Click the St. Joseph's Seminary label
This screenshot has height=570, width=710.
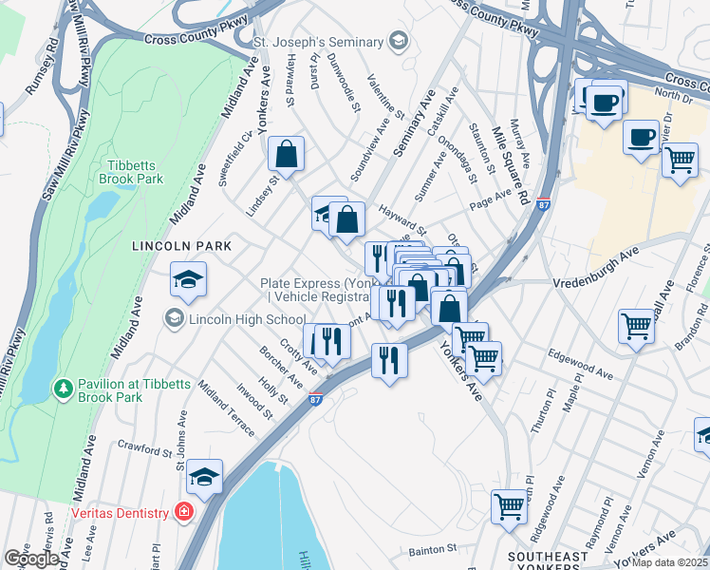(x=317, y=41)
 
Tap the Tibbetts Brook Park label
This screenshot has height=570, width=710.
(x=131, y=171)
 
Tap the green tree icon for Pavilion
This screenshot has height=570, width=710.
(x=64, y=389)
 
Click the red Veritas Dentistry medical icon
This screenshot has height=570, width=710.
(x=182, y=512)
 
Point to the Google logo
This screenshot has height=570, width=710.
(x=30, y=558)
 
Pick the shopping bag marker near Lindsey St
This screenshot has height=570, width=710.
(x=286, y=155)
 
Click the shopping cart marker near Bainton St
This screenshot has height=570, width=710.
(x=510, y=506)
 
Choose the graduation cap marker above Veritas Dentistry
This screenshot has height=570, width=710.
(x=204, y=477)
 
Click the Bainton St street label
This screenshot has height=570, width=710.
(x=433, y=548)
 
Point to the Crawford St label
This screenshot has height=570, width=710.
(x=143, y=444)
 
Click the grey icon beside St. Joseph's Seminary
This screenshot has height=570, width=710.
(x=398, y=41)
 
